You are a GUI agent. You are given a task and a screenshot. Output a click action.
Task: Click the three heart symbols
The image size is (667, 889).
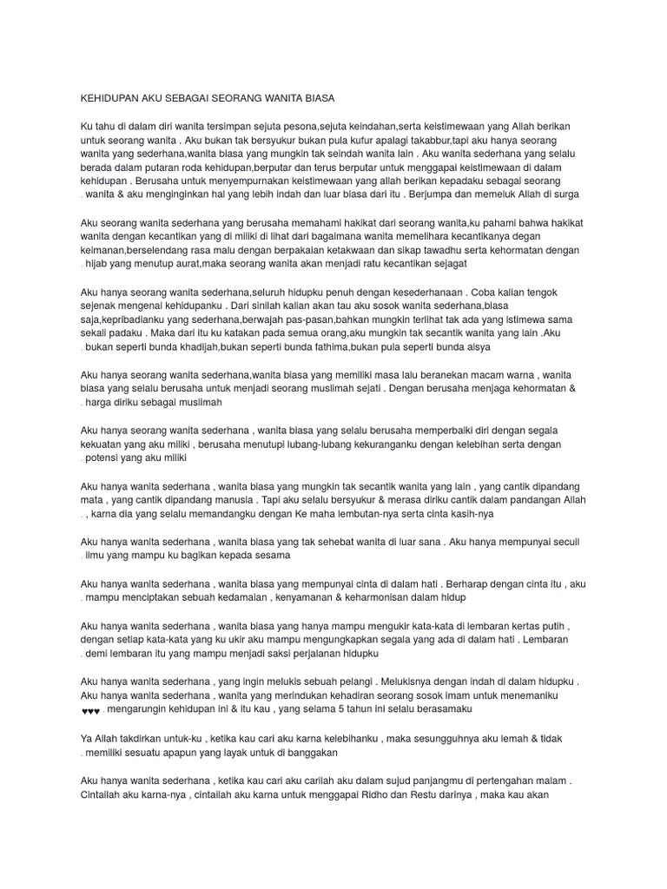[90, 710]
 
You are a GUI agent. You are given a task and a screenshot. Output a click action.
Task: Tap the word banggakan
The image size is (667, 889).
[312, 752]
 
